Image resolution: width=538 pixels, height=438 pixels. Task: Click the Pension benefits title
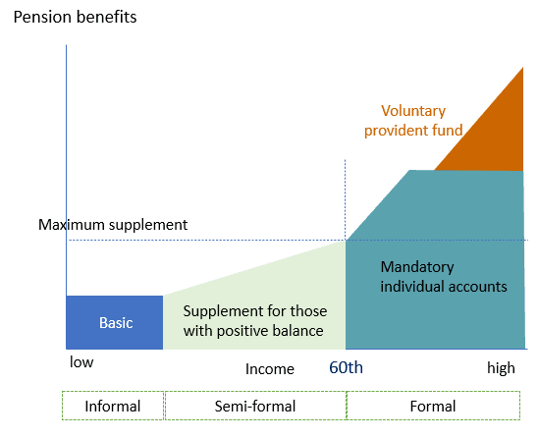(75, 17)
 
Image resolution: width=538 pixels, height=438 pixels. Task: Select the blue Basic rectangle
(114, 322)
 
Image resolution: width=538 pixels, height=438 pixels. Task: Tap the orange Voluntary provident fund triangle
(494, 137)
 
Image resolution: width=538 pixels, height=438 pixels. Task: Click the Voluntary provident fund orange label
(413, 121)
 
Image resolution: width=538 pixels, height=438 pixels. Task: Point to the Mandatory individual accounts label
(444, 277)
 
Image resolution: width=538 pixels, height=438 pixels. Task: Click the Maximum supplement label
(113, 225)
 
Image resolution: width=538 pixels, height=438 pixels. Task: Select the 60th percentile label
(346, 367)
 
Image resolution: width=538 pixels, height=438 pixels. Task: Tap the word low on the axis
(81, 362)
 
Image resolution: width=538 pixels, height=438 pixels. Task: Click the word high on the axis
(501, 368)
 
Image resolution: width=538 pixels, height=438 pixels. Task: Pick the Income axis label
(270, 369)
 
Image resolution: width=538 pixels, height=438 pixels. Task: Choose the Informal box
(113, 406)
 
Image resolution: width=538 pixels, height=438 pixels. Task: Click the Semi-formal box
(255, 406)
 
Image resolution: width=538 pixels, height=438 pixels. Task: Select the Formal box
(433, 406)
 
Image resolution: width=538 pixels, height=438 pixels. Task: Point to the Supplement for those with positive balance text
(254, 321)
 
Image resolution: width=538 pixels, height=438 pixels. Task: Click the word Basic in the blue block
(116, 323)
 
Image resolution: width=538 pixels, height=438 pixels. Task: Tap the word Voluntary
(413, 111)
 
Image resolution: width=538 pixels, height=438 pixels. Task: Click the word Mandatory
(417, 267)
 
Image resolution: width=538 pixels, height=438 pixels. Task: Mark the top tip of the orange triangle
(523, 68)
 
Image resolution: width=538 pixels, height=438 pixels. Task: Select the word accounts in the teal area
(477, 287)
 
